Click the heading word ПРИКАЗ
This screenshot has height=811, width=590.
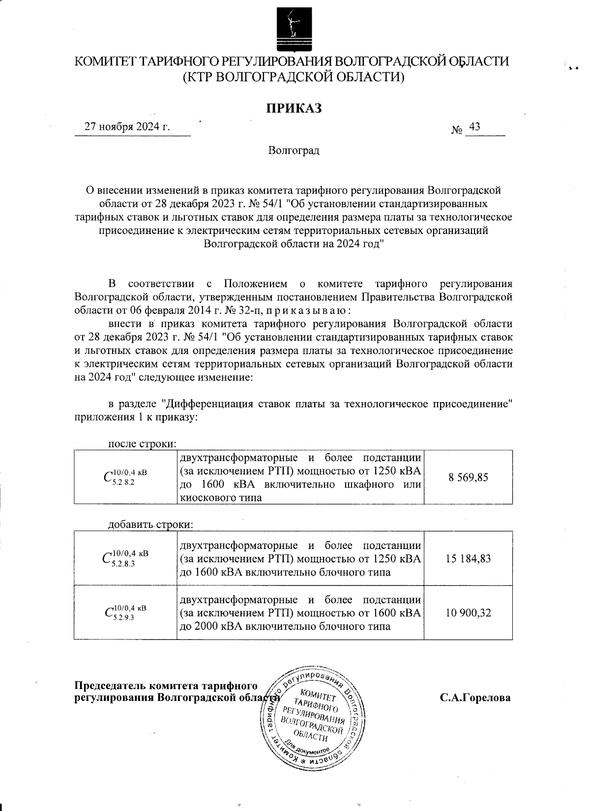point(294,108)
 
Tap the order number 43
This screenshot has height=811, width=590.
point(474,127)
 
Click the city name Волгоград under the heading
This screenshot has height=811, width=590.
point(294,150)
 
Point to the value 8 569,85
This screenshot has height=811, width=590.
point(468,477)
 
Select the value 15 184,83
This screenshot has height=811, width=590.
point(468,558)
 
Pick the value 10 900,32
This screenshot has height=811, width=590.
point(468,612)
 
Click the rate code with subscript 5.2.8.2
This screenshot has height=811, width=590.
point(125,477)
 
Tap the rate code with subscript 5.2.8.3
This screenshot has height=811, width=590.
point(125,558)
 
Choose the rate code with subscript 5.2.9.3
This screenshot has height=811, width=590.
point(125,612)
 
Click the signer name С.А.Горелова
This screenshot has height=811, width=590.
point(475,697)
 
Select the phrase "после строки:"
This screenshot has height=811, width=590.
point(142,444)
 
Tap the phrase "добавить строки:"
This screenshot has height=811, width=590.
point(151,524)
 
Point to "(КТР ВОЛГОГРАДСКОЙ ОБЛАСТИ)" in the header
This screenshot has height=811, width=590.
point(294,77)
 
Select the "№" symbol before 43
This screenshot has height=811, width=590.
point(457,130)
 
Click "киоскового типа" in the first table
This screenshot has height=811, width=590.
point(221,498)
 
